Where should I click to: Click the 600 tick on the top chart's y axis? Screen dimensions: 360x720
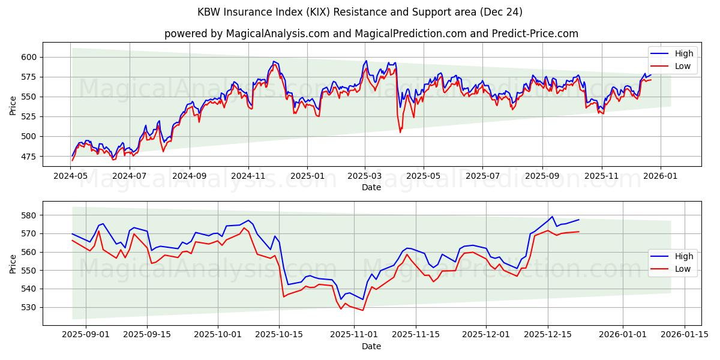point(31,57)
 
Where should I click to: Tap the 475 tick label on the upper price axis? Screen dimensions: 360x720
point(31,157)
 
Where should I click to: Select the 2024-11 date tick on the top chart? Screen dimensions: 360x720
point(248,176)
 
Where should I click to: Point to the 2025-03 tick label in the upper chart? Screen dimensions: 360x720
point(365,176)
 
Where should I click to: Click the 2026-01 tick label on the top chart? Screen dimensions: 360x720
point(660,176)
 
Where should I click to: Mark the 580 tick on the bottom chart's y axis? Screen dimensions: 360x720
point(31,215)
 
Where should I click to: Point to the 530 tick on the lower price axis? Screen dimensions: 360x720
point(31,307)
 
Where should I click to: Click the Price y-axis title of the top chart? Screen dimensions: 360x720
point(13,105)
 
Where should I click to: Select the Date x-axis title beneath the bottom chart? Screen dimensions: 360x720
point(371,346)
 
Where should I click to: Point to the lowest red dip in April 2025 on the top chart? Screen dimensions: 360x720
point(400,132)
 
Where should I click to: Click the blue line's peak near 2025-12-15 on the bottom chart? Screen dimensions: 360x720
point(552,217)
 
